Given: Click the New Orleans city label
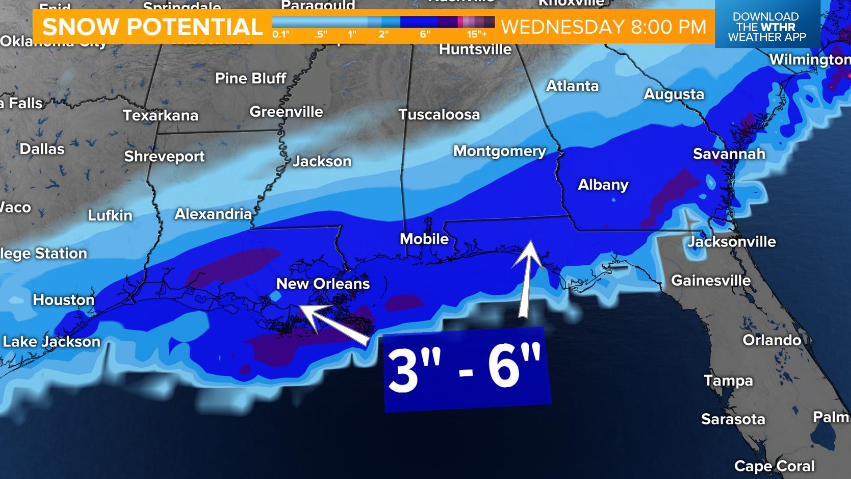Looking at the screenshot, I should coord(323,284).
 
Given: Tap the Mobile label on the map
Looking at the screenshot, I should coord(424,239).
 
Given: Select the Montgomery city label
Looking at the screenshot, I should coord(500,151).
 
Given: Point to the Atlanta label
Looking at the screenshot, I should coord(572,86).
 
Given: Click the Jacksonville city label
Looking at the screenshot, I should coord(732,242).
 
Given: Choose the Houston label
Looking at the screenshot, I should coord(64,300).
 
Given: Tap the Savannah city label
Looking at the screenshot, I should coord(729,154).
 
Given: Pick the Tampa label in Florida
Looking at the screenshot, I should coord(728,381).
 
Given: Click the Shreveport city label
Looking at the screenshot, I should coord(164,157).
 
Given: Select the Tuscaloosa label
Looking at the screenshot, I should coord(439,114).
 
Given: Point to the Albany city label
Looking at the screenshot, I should coord(603,185).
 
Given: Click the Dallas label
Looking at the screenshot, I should coord(42,149).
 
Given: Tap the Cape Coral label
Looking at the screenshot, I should coord(774,466).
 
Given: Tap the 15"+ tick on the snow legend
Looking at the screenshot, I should coord(476,35).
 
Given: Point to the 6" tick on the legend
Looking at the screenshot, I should coord(425,35).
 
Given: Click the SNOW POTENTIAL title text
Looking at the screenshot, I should coord(152,27).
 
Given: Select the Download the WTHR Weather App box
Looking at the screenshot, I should coord(766,27).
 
